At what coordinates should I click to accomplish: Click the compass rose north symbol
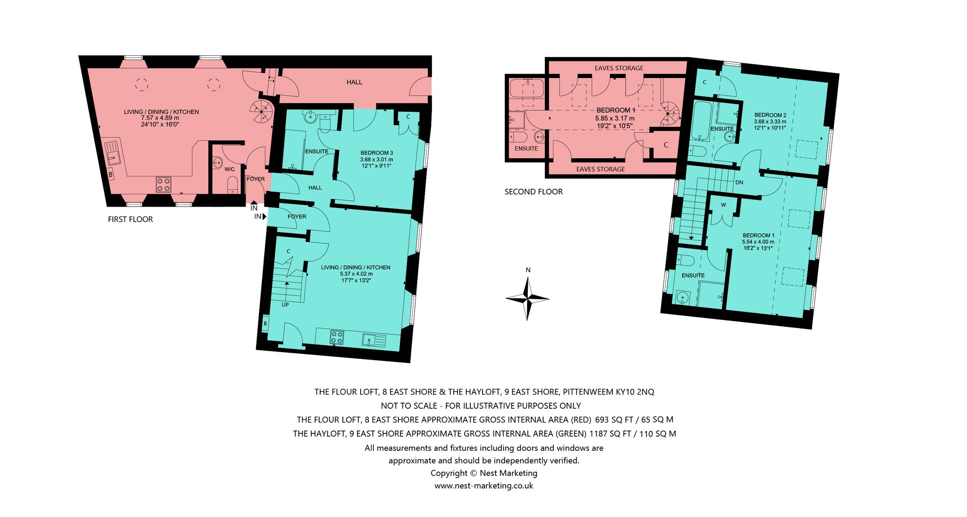tap(527, 298)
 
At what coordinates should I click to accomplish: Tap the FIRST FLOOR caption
tap(130, 219)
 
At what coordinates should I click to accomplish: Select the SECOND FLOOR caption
tap(534, 192)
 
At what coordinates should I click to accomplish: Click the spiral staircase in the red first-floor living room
tap(262, 112)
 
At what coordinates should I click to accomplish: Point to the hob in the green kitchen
tap(337, 337)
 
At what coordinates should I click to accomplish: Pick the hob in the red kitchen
tap(163, 184)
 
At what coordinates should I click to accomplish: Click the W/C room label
tap(229, 169)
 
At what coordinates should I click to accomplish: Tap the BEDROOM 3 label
tap(377, 153)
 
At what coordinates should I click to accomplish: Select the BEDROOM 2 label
tap(770, 115)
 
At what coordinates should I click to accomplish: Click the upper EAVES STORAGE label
tap(619, 68)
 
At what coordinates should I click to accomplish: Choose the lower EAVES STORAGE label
tap(601, 169)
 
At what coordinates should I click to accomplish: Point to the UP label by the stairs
tap(285, 305)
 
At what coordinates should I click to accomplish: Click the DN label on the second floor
tap(739, 182)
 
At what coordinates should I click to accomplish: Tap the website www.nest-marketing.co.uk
tap(484, 486)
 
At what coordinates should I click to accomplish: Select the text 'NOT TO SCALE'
tap(409, 405)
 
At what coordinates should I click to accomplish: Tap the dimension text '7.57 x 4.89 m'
tap(160, 118)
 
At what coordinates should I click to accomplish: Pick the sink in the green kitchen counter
tap(374, 340)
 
